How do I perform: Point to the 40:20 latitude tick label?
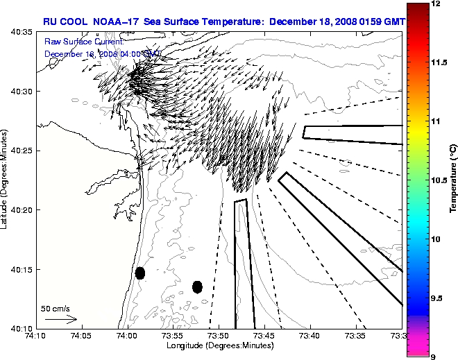21,209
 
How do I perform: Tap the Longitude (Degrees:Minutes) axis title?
219,345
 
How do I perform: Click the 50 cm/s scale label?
56,308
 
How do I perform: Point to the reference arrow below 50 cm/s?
60,319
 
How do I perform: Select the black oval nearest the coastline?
139,273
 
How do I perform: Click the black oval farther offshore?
197,286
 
